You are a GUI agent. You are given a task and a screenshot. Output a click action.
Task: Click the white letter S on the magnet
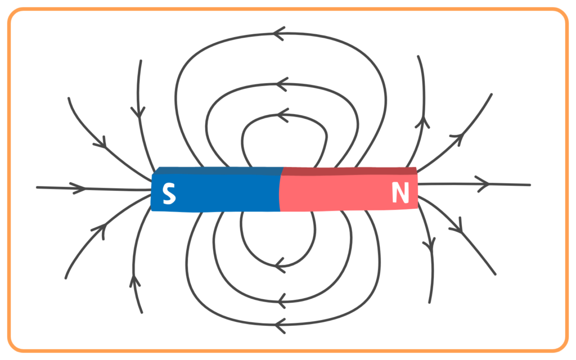(x=169, y=193)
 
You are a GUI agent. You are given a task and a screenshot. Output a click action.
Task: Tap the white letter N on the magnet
(x=400, y=192)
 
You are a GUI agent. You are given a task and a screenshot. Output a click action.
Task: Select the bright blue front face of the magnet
(x=215, y=193)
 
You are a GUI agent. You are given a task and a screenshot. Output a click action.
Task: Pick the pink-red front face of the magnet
(x=349, y=192)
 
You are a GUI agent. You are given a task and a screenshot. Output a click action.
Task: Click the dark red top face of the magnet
(x=349, y=171)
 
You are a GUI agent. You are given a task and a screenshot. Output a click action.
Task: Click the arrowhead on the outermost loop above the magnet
(x=279, y=34)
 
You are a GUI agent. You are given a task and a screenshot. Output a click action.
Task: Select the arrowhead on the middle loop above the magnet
(x=282, y=84)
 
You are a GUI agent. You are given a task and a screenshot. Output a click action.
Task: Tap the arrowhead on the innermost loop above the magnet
(x=282, y=115)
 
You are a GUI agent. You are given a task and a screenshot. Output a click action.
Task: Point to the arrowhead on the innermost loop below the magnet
(x=280, y=265)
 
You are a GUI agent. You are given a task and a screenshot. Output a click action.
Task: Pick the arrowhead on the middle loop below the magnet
(x=281, y=301)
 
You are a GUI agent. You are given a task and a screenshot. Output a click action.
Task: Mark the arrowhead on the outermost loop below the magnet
(x=280, y=325)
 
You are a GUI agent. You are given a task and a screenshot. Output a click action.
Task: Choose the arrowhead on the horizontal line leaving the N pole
(x=483, y=184)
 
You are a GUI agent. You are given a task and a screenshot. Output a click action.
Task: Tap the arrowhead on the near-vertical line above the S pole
(x=138, y=112)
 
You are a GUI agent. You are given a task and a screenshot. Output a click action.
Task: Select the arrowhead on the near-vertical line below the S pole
(x=135, y=281)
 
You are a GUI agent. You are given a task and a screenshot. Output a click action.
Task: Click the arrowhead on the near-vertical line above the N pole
(x=423, y=122)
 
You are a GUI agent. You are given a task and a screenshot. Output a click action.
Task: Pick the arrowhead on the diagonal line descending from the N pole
(x=456, y=226)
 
